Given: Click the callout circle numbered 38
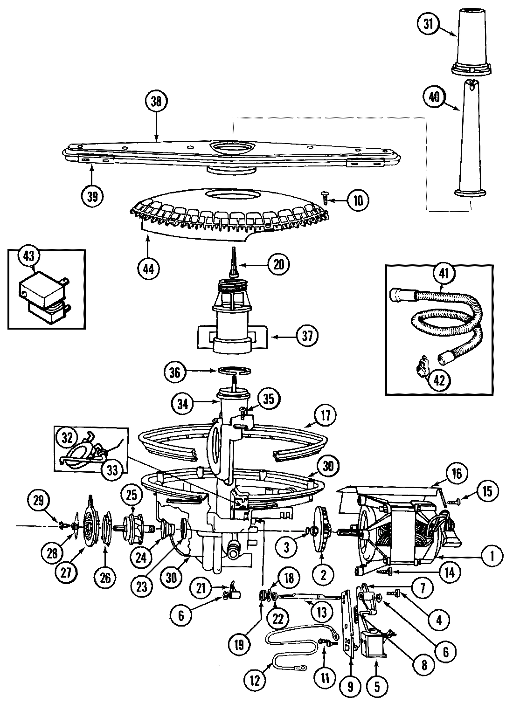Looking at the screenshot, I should pyautogui.click(x=156, y=102).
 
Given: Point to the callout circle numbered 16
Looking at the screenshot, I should pyautogui.click(x=456, y=474).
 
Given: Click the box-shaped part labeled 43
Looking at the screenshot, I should pyautogui.click(x=42, y=298).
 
